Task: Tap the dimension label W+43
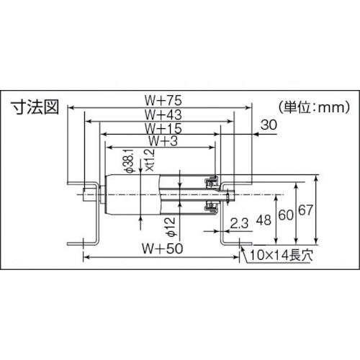pyautogui.click(x=161, y=114)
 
